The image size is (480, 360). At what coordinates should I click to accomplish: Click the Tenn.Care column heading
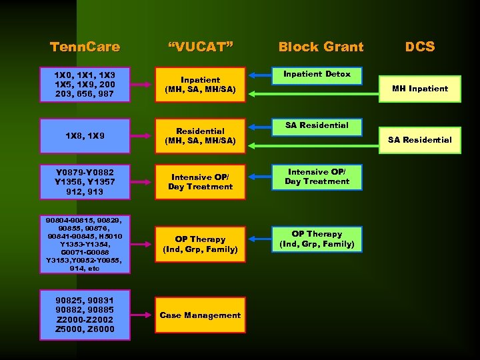85,47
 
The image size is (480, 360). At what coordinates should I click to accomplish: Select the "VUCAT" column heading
200,47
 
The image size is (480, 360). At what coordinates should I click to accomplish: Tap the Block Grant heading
321,47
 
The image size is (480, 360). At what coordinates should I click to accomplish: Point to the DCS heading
420,47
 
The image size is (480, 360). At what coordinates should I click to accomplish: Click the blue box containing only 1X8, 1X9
85,136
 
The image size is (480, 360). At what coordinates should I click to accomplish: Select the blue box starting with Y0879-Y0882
85,181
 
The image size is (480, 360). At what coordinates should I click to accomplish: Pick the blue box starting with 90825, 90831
85,315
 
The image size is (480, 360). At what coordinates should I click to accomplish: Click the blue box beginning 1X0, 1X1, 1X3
85,84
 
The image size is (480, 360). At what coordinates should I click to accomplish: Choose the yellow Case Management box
200,315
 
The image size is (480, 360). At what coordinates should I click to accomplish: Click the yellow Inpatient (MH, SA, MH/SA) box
200,85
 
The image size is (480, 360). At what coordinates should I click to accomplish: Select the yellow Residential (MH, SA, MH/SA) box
200,136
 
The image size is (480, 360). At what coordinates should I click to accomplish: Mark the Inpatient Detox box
317,75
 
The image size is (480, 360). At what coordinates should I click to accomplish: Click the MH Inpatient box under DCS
420,89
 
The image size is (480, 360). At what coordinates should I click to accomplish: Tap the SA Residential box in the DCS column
420,140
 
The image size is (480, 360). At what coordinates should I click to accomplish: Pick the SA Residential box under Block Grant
317,125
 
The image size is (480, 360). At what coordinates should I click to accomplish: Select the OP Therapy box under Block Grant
317,239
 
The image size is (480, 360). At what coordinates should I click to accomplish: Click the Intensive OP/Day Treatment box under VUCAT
200,181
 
